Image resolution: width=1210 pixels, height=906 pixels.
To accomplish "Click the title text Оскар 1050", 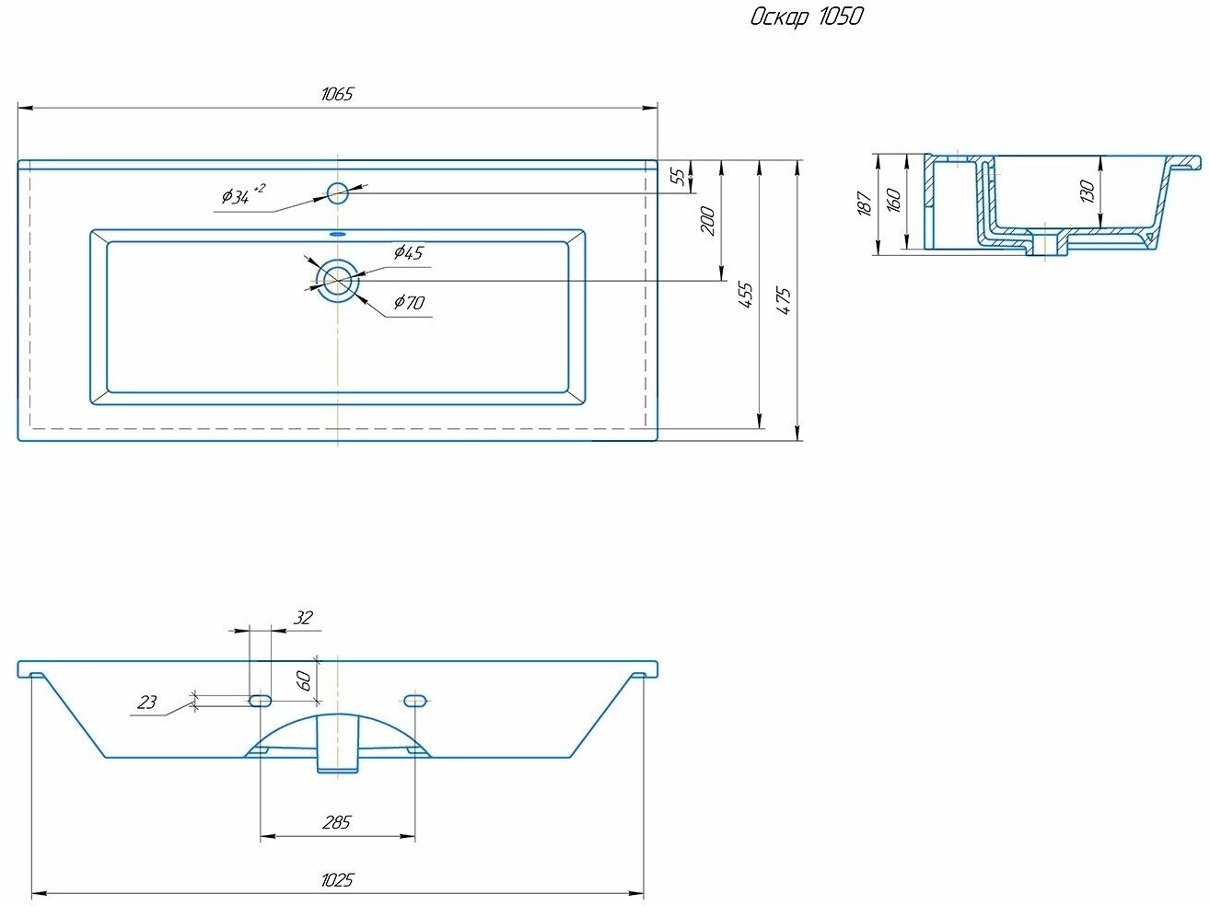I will coord(807,17).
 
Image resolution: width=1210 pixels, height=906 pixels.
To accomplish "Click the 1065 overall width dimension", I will coord(337,94).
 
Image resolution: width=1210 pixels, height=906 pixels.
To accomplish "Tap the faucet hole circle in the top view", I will coord(338,192).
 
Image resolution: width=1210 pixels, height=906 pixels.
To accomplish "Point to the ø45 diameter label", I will coord(407,252).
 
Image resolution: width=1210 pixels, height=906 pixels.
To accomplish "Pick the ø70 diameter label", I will coord(408,301).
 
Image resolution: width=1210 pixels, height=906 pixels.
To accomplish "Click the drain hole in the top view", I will coord(338,279).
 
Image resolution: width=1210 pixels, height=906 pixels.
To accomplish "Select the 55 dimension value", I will coord(679,176).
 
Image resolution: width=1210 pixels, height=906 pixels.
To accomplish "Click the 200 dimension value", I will coord(707,221).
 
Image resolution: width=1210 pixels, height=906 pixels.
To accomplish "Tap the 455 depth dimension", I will coord(746,294).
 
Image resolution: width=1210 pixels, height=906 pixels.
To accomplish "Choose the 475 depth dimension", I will coord(784,301).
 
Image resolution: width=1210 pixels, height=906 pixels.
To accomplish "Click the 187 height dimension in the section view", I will coord(864,203).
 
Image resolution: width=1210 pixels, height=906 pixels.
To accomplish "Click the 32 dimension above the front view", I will coord(302,618).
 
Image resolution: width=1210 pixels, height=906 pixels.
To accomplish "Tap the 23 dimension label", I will coord(146,703).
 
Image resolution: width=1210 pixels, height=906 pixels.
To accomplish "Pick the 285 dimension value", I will coord(337,821).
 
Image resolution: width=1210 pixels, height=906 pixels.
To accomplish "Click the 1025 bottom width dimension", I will coord(337,879).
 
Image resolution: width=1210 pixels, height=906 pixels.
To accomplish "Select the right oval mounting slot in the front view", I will coord(415,701).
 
